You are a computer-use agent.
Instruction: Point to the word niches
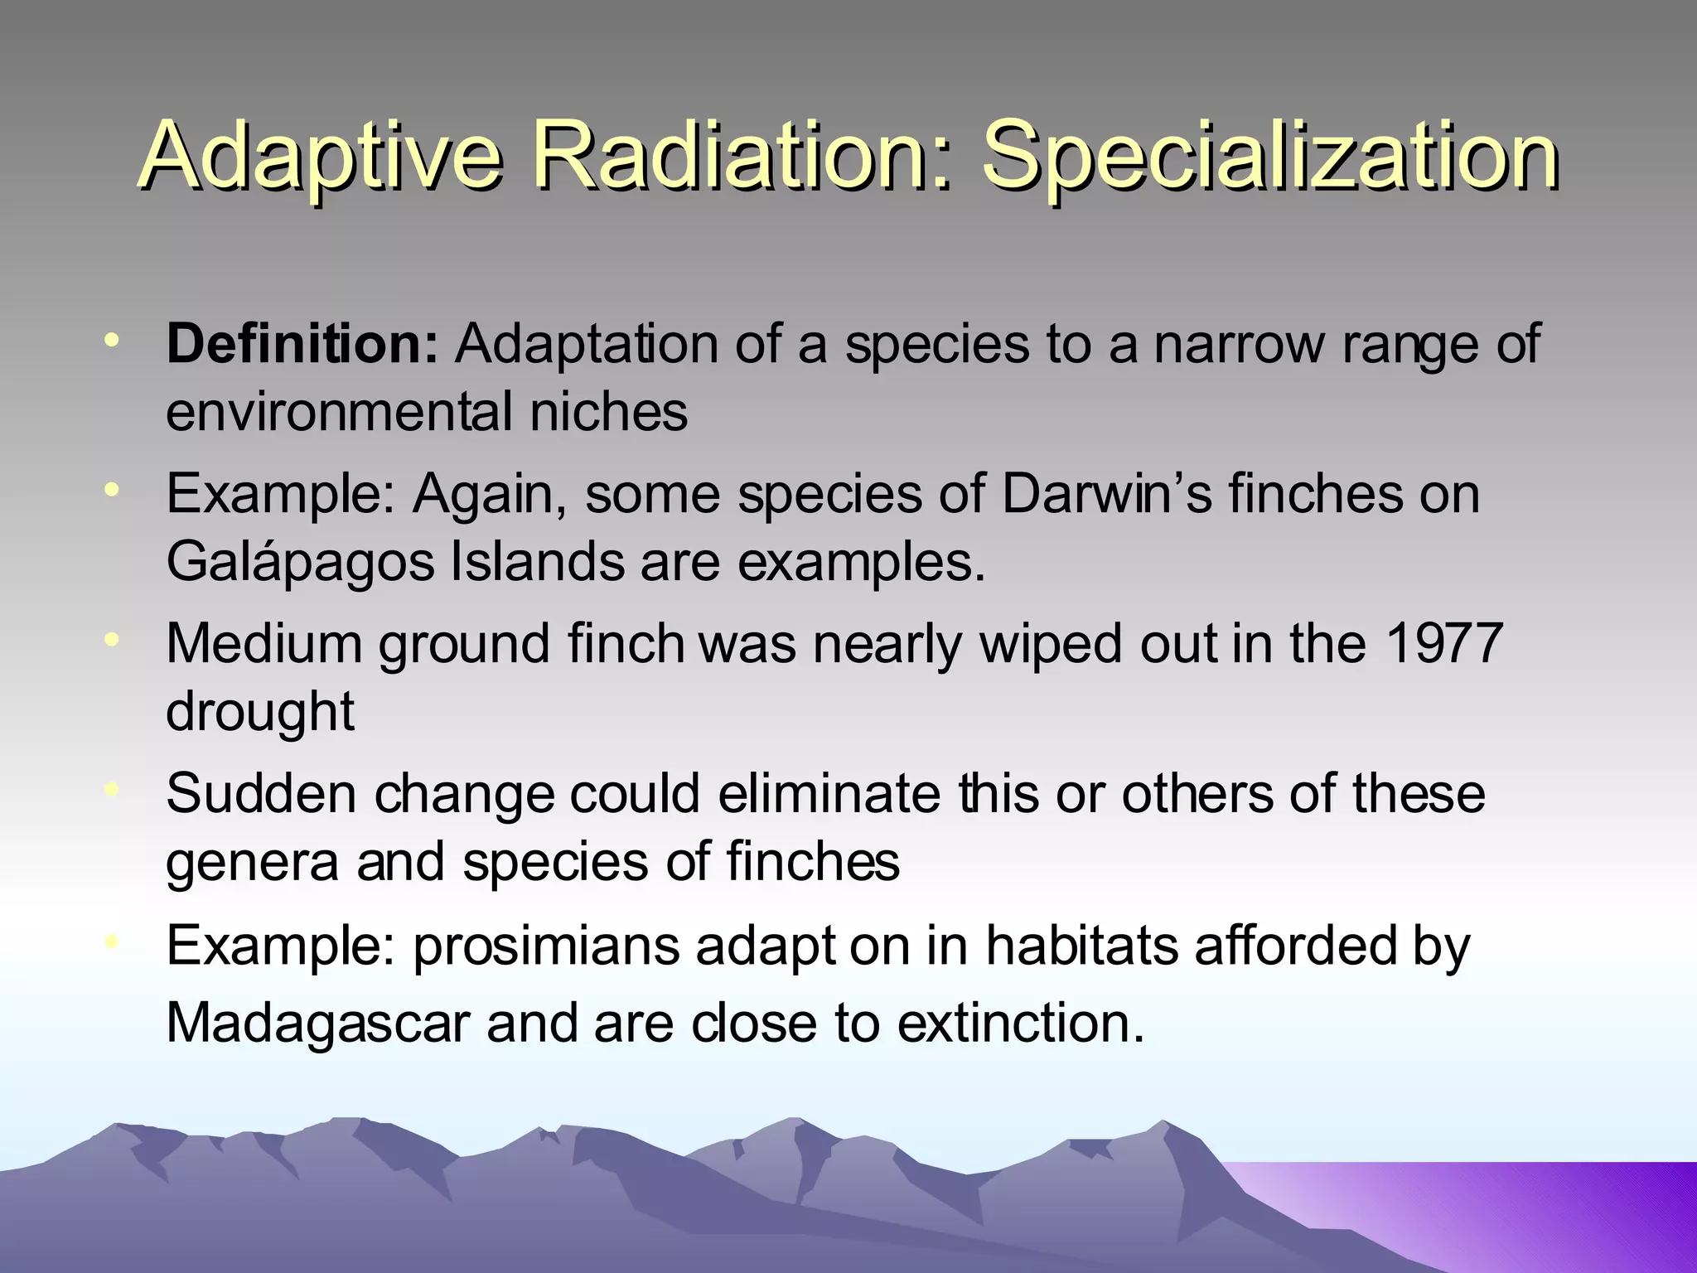608,411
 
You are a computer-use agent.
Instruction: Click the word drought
260,711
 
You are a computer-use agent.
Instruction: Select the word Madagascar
318,1023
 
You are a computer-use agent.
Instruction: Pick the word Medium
264,643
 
